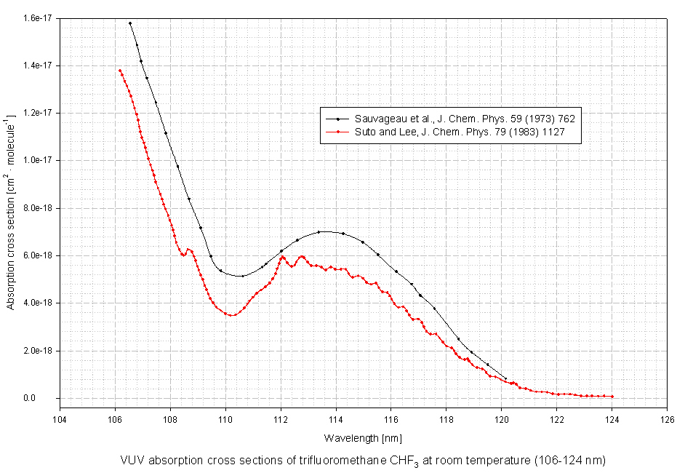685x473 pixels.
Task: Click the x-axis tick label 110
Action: pyautogui.click(x=225, y=418)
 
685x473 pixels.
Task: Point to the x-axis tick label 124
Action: pyautogui.click(x=612, y=418)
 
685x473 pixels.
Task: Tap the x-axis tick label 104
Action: pyautogui.click(x=60, y=418)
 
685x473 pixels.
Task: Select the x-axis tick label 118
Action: pyautogui.click(x=446, y=418)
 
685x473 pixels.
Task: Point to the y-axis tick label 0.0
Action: pyautogui.click(x=47, y=398)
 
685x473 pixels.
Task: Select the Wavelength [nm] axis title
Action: pyautogui.click(x=363, y=438)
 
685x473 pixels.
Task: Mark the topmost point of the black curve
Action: pyautogui.click(x=130, y=23)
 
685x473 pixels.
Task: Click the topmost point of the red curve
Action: pyautogui.click(x=119, y=70)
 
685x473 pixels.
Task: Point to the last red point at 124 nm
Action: pyautogui.click(x=612, y=397)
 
